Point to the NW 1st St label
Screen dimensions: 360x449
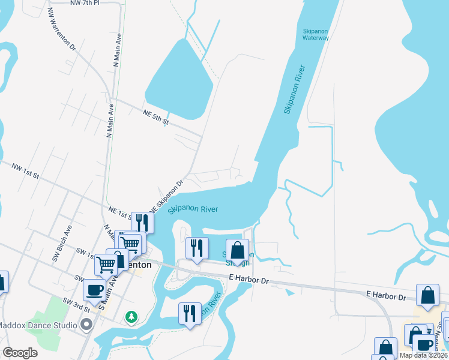(25, 170)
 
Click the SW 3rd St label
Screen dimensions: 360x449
(77, 304)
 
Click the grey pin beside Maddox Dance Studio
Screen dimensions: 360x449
(86, 326)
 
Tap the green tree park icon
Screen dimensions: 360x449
(131, 316)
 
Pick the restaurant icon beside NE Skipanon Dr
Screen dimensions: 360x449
(142, 223)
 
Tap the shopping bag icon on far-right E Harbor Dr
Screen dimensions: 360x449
(427, 295)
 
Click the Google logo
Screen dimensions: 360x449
(20, 353)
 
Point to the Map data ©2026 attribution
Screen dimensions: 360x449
(423, 355)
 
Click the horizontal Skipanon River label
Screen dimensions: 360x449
(193, 209)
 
